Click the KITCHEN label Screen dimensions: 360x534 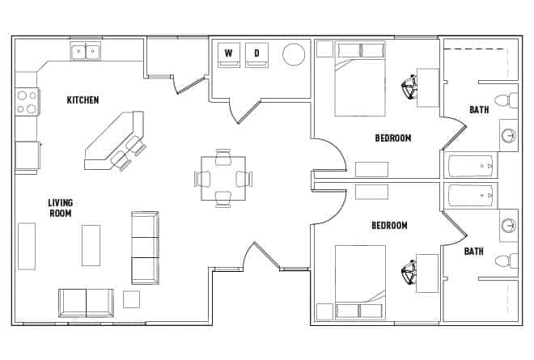[83, 100]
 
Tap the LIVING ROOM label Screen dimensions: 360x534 [60, 208]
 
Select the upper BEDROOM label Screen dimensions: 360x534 [392, 138]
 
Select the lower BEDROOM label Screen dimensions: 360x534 [389, 226]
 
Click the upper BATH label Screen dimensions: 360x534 [479, 110]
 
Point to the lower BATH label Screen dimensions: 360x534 [473, 252]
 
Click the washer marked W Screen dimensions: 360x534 [229, 53]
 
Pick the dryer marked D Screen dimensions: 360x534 [256, 53]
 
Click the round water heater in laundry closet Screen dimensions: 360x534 [293, 54]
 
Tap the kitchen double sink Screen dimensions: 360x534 [85, 52]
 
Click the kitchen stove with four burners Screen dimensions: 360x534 [27, 101]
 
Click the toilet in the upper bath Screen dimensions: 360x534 [505, 100]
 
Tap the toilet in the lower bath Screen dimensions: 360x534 [505, 260]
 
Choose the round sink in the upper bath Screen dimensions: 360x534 [509, 135]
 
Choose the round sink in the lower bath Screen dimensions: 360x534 [509, 226]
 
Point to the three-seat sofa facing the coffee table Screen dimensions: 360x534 [145, 248]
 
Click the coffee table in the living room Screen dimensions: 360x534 [91, 245]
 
